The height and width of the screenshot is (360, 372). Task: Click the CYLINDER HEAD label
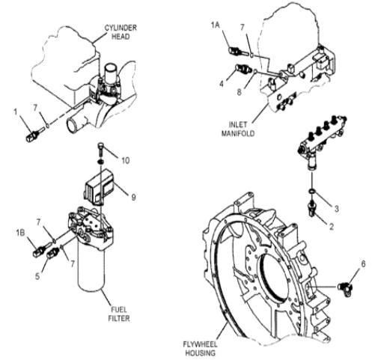point(121,31)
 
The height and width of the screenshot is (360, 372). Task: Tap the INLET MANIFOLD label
point(238,129)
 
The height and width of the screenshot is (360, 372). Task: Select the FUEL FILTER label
point(119,314)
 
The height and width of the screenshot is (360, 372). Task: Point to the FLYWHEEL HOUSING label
point(201,349)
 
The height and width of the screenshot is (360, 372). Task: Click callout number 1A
point(216,25)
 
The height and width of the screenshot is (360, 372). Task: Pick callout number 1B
point(20,233)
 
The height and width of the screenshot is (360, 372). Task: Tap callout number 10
point(126,160)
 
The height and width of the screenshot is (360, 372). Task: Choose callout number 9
point(133,198)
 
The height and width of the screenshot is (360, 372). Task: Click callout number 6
point(363,264)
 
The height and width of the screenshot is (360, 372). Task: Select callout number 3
point(336,209)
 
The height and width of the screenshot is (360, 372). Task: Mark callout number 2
point(332,227)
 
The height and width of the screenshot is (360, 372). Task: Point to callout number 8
point(239,92)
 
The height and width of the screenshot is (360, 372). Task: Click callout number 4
point(222,84)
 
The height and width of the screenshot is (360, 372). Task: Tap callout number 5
point(37,276)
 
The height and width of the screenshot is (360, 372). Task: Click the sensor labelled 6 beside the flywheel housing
point(346,288)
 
